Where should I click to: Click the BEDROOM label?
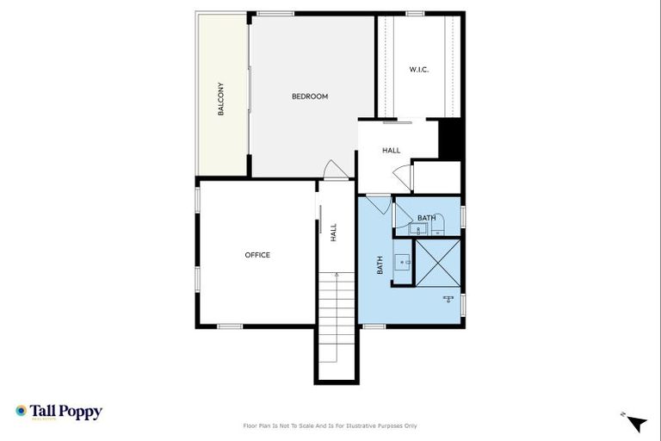pyautogui.click(x=310, y=96)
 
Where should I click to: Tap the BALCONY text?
pyautogui.click(x=221, y=99)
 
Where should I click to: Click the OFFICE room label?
pyautogui.click(x=257, y=255)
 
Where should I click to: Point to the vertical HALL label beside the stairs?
pyautogui.click(x=333, y=233)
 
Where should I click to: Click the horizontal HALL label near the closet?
pyautogui.click(x=392, y=151)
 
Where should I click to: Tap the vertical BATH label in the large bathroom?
pyautogui.click(x=380, y=265)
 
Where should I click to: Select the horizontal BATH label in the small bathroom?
pyautogui.click(x=427, y=218)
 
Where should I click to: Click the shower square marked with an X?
pyautogui.click(x=438, y=261)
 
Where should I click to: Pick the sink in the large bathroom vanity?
pyautogui.click(x=402, y=261)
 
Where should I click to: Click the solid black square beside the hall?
pyautogui.click(x=451, y=139)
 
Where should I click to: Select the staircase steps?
pyautogui.click(x=337, y=319)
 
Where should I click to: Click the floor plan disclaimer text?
pyautogui.click(x=330, y=425)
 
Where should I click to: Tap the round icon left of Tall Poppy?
pyautogui.click(x=22, y=411)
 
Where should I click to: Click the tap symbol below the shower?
pyautogui.click(x=448, y=299)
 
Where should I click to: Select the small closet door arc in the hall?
pyautogui.click(x=401, y=177)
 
